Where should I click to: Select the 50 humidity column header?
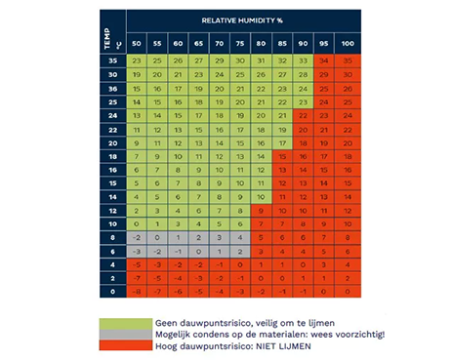[138, 45]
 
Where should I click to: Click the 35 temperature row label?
[112, 60]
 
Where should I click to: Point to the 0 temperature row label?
[112, 291]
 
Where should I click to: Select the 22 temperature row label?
[112, 128]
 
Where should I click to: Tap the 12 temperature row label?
[112, 210]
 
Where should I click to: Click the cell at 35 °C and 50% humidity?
[138, 60]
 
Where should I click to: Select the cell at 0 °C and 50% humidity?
[138, 291]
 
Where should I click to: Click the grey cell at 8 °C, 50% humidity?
[138, 236]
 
